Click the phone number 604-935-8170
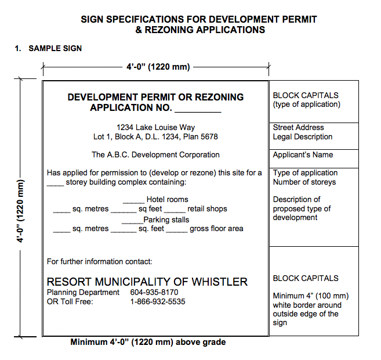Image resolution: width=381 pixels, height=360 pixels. [x=154, y=293]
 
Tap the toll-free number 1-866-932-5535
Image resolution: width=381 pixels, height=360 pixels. [x=158, y=302]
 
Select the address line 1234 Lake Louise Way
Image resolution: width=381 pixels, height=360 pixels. [x=155, y=128]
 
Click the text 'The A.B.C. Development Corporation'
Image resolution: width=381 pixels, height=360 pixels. [x=155, y=155]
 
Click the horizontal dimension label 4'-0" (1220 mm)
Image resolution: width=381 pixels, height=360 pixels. [x=158, y=67]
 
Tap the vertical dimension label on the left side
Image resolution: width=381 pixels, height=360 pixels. [x=21, y=203]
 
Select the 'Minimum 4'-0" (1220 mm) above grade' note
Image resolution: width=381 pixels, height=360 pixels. [x=148, y=342]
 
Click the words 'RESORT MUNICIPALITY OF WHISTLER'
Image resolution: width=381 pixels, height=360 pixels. [x=147, y=282]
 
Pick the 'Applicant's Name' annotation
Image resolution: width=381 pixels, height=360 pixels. [x=303, y=155]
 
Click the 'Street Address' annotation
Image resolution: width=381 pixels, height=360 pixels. [x=298, y=128]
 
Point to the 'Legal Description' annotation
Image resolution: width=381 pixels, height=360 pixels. [x=303, y=137]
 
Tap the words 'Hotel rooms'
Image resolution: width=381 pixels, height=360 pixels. [x=167, y=200]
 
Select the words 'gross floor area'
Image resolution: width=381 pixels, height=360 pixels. [x=216, y=229]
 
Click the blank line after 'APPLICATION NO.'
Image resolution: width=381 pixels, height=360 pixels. [x=198, y=109]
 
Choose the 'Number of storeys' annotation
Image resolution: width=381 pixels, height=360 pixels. [x=304, y=182]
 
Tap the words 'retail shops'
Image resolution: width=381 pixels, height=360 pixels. [x=207, y=209]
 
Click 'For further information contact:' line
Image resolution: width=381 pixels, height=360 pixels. [x=99, y=262]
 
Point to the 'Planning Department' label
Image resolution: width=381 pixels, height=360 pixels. [x=83, y=293]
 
